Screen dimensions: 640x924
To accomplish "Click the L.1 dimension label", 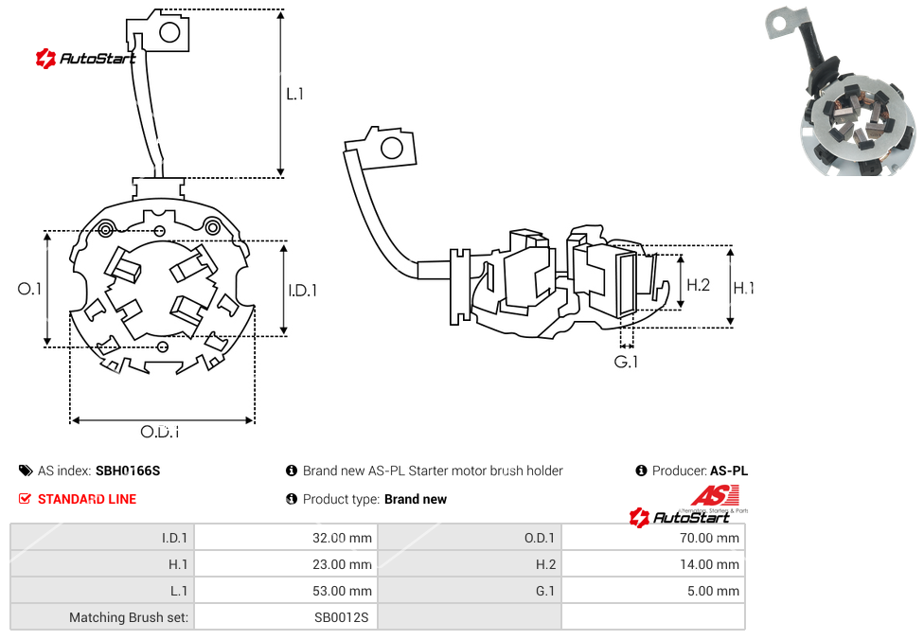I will point(295,94).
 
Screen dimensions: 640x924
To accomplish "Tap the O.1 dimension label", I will point(30,289).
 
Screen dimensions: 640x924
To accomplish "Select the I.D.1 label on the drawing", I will point(302,291).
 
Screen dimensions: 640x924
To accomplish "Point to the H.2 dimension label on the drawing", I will point(698,284).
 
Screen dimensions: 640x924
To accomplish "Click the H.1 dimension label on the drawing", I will point(744,288).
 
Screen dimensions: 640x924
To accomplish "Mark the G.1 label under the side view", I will point(627,363).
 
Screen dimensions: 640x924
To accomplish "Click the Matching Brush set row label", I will point(129,617).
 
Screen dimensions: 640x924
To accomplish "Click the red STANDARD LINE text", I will point(86,499).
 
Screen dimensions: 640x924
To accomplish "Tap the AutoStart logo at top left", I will point(85,59).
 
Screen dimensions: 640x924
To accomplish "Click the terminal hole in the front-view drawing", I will point(170,33).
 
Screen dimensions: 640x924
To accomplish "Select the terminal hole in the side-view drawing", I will point(389,148).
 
